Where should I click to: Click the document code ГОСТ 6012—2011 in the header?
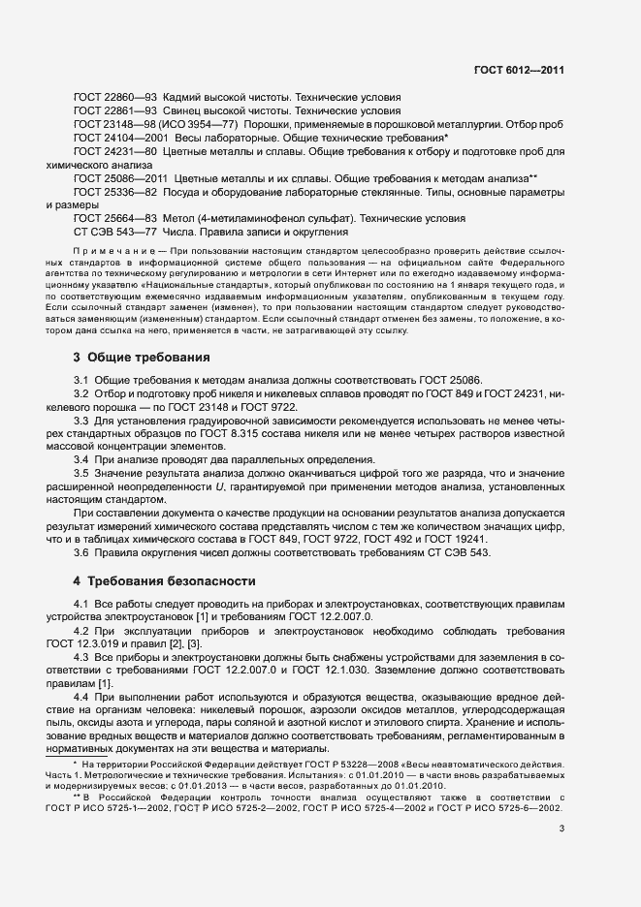click(x=519, y=71)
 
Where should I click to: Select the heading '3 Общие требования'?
click(x=142, y=357)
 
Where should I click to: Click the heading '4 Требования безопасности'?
click(x=165, y=581)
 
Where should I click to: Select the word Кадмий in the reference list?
click(x=184, y=97)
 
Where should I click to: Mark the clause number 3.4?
click(x=81, y=457)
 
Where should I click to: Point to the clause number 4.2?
click(x=81, y=630)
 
